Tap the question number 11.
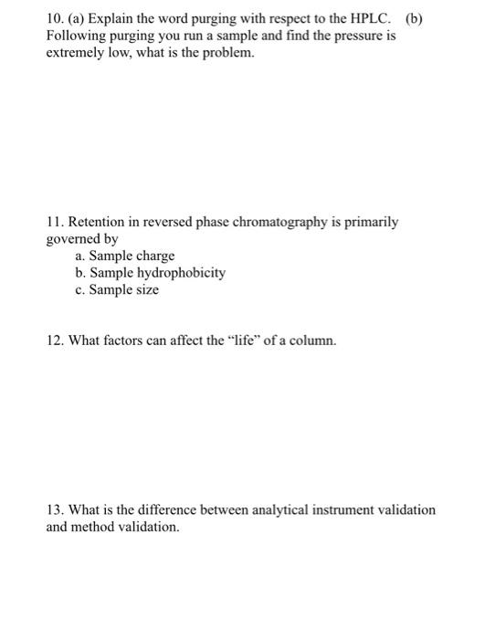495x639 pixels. pyautogui.click(x=54, y=222)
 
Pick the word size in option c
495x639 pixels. pyautogui.click(x=145, y=289)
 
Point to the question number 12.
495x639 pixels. pyautogui.click(x=55, y=340)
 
